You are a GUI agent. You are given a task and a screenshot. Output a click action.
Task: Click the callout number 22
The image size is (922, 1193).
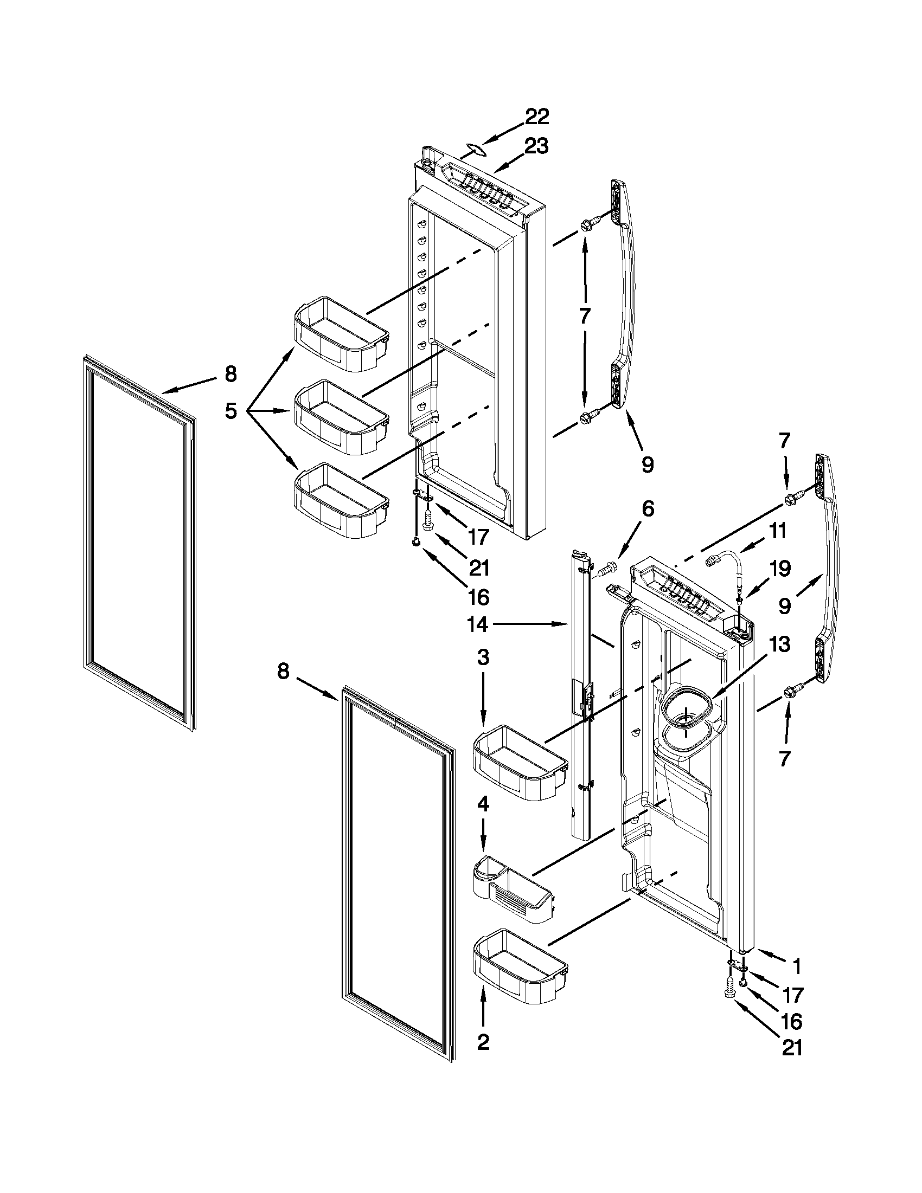click(x=537, y=117)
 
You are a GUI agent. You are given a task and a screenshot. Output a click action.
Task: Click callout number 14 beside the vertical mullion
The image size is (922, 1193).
click(x=477, y=624)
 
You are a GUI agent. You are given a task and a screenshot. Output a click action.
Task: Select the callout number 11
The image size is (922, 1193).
click(x=778, y=531)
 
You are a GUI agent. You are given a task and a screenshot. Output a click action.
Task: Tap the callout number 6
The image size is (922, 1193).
click(x=647, y=509)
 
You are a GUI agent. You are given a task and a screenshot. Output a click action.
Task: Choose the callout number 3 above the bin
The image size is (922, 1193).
click(x=483, y=657)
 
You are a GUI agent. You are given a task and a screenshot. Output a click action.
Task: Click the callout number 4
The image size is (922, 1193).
click(x=483, y=803)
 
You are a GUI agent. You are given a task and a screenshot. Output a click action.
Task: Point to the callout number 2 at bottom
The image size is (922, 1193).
click(x=483, y=1043)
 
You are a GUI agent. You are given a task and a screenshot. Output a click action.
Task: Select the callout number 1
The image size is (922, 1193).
click(x=796, y=967)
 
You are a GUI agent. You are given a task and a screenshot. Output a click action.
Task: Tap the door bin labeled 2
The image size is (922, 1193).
click(x=519, y=965)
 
